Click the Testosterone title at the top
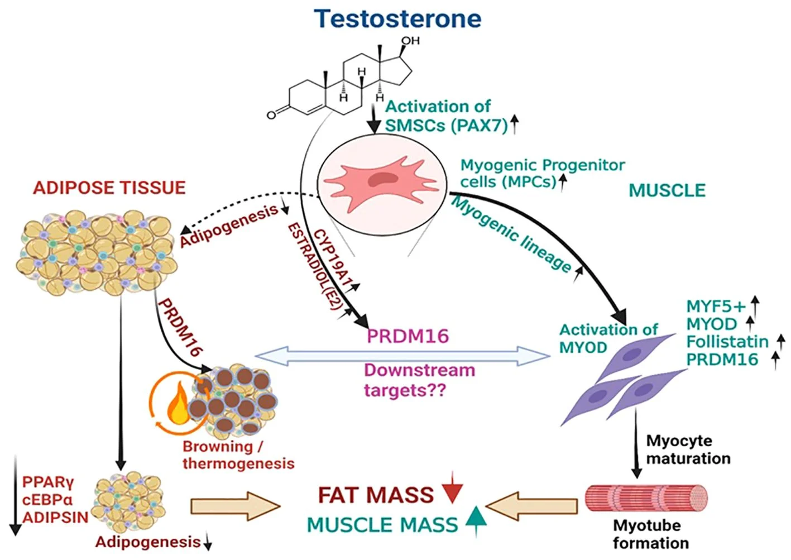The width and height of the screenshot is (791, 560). [x=397, y=18]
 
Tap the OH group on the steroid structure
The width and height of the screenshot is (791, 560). [x=410, y=41]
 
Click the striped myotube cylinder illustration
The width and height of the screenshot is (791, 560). [x=646, y=499]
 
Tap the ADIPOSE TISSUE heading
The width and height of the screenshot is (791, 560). [x=109, y=188]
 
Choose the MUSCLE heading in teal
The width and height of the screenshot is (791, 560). [x=667, y=190]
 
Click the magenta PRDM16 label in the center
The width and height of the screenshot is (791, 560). [x=408, y=336]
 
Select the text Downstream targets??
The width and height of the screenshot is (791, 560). [x=419, y=380]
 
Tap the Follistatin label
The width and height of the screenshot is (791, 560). [x=727, y=341]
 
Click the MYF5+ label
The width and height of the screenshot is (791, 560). [x=716, y=306]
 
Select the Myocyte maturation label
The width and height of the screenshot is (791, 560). [x=688, y=449]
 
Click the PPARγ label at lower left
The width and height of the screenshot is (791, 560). [x=48, y=481]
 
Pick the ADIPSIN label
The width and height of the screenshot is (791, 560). [x=55, y=517]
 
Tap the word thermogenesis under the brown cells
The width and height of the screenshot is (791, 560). [x=238, y=463]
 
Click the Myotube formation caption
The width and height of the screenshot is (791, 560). [x=650, y=534]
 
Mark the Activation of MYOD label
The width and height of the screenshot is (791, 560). [x=608, y=338]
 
